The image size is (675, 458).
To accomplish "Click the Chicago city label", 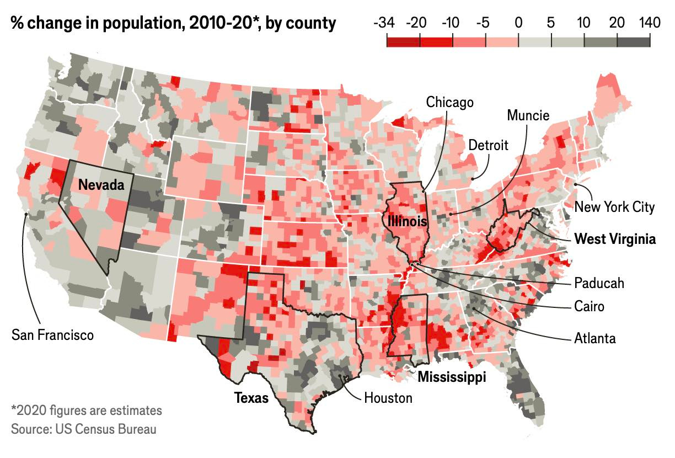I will [x=449, y=102].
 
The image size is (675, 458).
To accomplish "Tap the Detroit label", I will [x=489, y=145].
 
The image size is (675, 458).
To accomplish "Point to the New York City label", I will [x=614, y=207].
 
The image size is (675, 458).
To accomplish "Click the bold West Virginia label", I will [x=615, y=239].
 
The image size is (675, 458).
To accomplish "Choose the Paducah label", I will [x=599, y=283].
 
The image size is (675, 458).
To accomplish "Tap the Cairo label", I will [x=589, y=306].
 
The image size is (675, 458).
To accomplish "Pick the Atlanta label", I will [x=594, y=338].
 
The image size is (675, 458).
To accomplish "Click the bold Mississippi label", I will [x=452, y=377].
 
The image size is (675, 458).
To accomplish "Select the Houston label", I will [x=388, y=397].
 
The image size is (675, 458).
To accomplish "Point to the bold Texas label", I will [x=251, y=397].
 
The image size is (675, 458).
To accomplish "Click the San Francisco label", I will [x=52, y=334].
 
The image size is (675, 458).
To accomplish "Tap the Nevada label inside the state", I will [x=101, y=184].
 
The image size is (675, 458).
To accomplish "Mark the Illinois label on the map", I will [x=407, y=222].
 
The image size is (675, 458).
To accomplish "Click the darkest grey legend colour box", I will [x=634, y=41].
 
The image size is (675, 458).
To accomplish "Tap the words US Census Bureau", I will [x=101, y=429].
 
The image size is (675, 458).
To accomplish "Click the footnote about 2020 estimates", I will [x=87, y=411].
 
